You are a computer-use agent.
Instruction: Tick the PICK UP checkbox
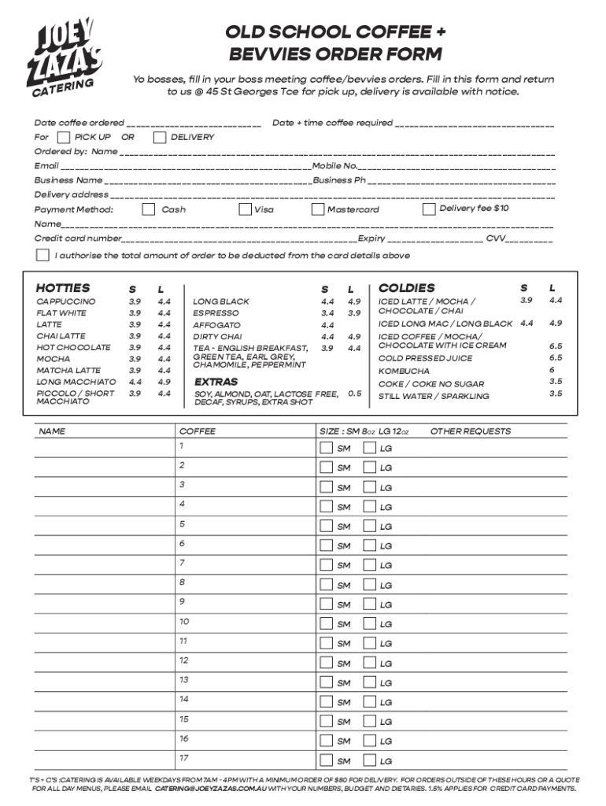tap(65, 138)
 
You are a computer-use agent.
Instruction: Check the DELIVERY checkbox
tap(160, 138)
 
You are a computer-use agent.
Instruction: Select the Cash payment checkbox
tap(148, 209)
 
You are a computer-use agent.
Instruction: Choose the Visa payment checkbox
tap(245, 209)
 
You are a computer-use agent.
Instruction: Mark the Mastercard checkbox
tap(318, 209)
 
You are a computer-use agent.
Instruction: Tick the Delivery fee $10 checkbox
tap(429, 209)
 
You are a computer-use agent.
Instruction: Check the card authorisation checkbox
tap(42, 255)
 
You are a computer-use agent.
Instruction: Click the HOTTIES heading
tap(63, 288)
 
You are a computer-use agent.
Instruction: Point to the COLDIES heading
tap(406, 288)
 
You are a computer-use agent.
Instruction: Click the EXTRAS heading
tap(216, 382)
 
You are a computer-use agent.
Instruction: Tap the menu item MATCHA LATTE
tap(68, 370)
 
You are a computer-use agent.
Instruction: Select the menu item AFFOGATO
tap(216, 325)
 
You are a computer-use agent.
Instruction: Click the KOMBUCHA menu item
tap(404, 371)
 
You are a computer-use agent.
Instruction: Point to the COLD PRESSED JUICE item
tap(426, 358)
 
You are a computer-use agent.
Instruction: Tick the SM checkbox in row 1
tap(326, 448)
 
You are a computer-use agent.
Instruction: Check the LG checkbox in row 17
tap(369, 760)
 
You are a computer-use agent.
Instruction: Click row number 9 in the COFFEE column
tap(182, 602)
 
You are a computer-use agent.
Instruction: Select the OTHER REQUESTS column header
tap(470, 431)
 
